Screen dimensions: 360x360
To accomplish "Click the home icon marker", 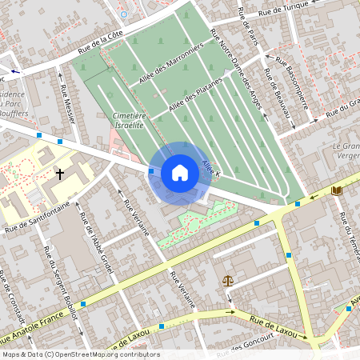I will (180, 173).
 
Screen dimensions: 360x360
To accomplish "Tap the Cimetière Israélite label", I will (128, 121).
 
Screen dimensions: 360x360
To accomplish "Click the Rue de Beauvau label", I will (281, 105).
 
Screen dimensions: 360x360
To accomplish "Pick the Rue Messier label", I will (67, 104).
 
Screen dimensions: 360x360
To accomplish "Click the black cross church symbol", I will (59, 174).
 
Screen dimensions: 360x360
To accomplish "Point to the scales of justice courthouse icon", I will (229, 282).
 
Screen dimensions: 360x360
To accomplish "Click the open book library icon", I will (337, 190).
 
